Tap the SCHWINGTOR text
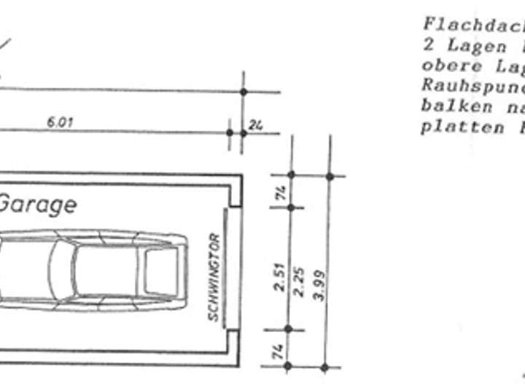[214, 277]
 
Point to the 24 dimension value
[255, 125]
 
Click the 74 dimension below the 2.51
[279, 352]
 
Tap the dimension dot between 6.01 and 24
[230, 133]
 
